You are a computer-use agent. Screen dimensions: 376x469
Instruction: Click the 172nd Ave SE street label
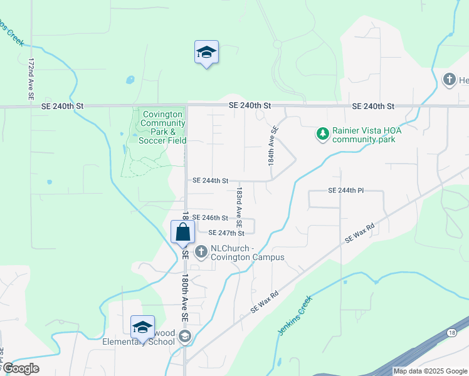(30, 80)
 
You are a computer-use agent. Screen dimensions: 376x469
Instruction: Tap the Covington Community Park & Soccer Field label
(163, 127)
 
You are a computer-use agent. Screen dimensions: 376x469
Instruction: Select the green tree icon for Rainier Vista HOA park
(322, 133)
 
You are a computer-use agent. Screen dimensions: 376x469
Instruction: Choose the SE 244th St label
(210, 180)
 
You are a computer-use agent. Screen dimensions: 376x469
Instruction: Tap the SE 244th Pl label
(345, 190)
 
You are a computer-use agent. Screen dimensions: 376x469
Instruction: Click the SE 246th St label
(210, 217)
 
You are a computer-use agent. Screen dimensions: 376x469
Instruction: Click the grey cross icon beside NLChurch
(201, 253)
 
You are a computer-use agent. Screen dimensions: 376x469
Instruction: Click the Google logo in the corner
(21, 368)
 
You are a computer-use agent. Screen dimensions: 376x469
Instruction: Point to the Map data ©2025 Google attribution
(430, 371)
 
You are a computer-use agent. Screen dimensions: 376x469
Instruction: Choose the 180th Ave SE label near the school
(185, 300)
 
